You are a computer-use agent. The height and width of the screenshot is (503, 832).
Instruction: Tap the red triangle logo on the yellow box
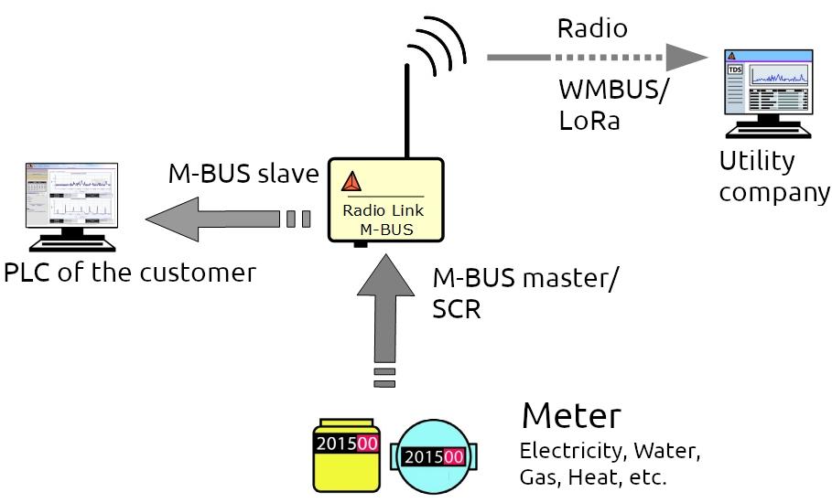click(x=352, y=182)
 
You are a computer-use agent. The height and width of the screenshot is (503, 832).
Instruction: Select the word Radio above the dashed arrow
click(x=592, y=28)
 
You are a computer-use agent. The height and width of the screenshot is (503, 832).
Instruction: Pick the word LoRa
click(x=589, y=121)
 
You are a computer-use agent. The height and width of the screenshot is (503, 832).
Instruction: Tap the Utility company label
click(x=774, y=177)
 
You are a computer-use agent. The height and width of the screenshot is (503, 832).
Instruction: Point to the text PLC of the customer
click(x=129, y=273)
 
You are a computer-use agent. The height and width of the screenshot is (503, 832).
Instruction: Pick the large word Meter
click(x=571, y=416)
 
